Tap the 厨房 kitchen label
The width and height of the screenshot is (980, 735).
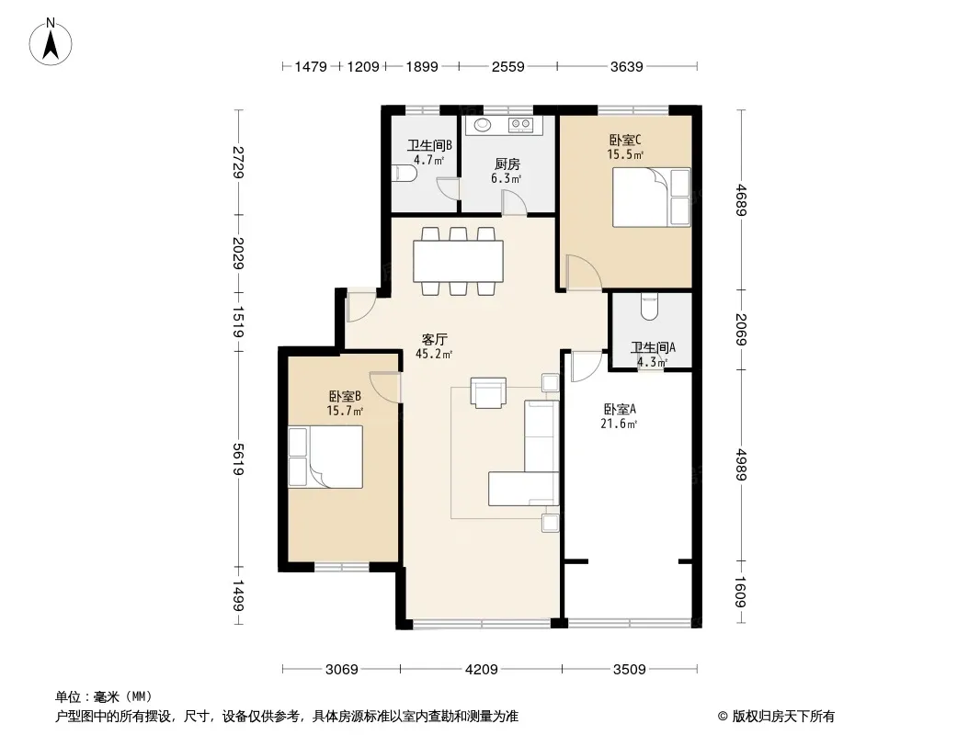point(507,164)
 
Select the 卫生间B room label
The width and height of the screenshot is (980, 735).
point(428,145)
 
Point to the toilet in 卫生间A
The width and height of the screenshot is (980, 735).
point(650,306)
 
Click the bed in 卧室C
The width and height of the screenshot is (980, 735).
point(651,197)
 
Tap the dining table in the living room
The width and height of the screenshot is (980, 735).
point(458,260)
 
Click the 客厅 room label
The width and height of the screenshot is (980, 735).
point(433,339)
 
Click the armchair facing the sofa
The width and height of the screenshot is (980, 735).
point(487,391)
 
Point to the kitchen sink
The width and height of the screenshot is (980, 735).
point(482,124)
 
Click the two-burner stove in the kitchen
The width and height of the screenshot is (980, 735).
point(521,124)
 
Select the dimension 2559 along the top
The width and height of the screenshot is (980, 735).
point(507,66)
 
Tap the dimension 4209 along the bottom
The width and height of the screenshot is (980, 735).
point(481,669)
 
